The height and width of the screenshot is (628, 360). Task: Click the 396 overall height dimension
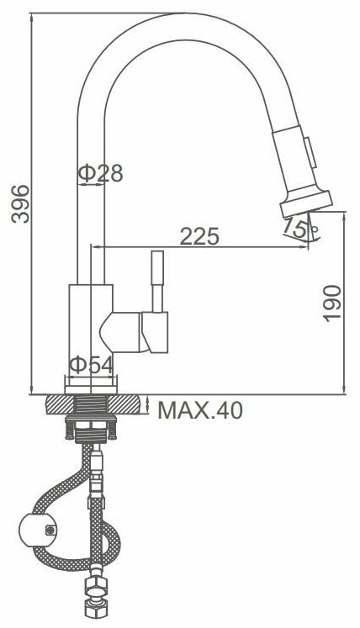click(x=20, y=203)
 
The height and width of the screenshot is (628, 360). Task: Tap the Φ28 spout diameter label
click(x=100, y=173)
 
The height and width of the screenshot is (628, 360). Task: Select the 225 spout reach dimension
click(x=199, y=236)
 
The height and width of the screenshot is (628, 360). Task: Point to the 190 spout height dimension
click(x=332, y=303)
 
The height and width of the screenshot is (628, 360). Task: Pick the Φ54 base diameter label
click(x=91, y=365)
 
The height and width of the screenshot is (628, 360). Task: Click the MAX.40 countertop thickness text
click(x=200, y=410)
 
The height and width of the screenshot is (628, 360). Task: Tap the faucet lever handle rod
click(x=157, y=281)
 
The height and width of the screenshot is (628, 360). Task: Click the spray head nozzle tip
click(x=306, y=203)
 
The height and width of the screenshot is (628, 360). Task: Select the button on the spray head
click(x=310, y=152)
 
